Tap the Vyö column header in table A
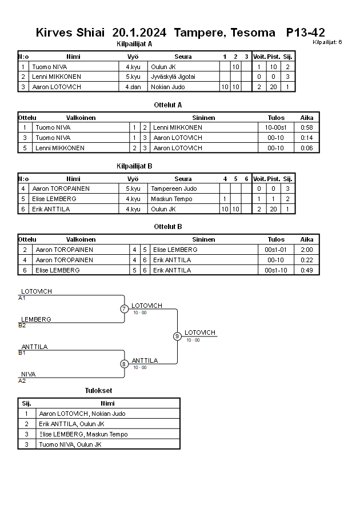point(133,57)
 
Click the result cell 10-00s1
point(276,127)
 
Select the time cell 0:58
point(307,127)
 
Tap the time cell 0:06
point(307,148)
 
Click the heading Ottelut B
point(168,227)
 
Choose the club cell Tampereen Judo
point(174,189)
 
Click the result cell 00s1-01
point(276,250)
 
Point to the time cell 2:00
point(307,250)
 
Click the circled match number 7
point(124,309)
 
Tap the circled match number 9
point(177,336)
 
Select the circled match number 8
point(124,364)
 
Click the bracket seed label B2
point(22,325)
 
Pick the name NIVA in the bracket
point(28,374)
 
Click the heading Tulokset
point(98,391)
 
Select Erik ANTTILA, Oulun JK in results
point(71,424)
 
